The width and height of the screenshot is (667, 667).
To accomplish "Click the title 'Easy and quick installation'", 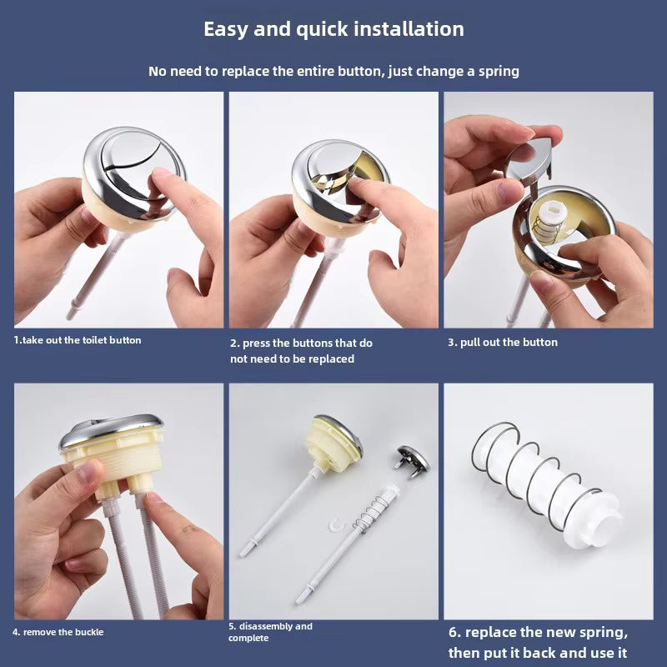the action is coord(333,30).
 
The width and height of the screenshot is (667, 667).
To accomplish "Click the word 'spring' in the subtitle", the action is coord(499,72).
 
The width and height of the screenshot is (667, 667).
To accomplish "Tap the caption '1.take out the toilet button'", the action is coord(77,340).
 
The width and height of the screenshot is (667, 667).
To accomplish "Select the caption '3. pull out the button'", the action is coord(503,342).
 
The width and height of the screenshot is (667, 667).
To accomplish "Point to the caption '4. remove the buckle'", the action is coord(58,632).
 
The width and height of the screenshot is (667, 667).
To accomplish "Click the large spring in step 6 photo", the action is coord(537,475).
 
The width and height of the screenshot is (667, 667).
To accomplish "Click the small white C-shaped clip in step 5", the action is coord(336,525).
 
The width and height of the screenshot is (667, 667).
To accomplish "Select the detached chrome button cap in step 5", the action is coord(412,462).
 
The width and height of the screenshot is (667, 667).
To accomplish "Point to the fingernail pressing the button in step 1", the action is coord(162,172).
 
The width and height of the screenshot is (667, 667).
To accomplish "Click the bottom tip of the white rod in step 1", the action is coord(69,317).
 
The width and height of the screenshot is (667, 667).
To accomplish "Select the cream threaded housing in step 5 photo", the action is coord(332,443).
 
